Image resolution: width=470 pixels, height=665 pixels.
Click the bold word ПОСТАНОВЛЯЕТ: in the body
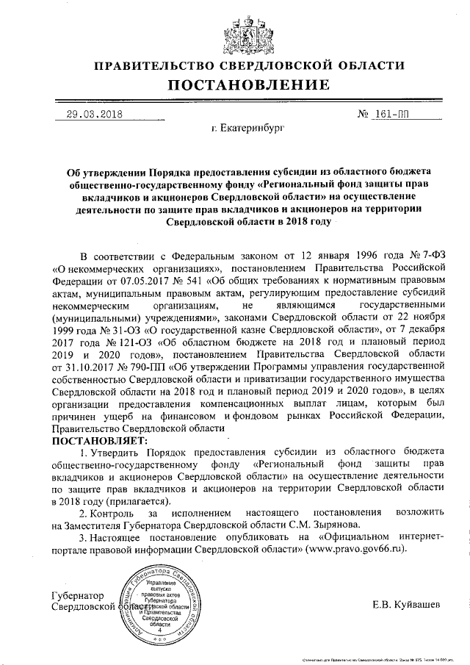point(99,439)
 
